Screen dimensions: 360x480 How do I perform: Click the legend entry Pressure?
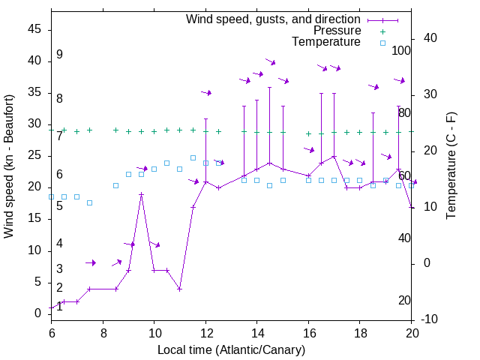tap(337, 31)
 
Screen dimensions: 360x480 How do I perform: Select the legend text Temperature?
tap(326, 42)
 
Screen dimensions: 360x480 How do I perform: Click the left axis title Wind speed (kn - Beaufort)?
tap(9, 166)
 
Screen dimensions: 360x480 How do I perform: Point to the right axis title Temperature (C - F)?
tap(451, 166)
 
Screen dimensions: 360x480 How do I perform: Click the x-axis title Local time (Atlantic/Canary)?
tap(232, 350)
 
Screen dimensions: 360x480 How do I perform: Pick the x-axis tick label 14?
tap(256, 332)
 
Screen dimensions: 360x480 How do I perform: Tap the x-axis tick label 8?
tap(103, 332)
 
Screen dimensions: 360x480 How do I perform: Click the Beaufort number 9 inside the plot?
tap(59, 55)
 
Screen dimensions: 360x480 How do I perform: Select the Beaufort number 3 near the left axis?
tap(59, 268)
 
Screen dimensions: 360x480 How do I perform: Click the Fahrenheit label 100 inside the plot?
tap(401, 50)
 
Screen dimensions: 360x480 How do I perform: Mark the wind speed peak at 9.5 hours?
tap(141, 193)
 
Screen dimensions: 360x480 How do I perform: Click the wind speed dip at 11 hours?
tap(179, 289)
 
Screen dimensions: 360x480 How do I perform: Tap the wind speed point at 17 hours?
tap(334, 157)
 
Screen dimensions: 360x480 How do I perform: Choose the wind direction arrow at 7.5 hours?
tap(90, 262)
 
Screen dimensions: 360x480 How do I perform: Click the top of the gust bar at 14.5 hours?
tap(269, 87)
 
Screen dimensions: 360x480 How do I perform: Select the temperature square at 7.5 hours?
tap(90, 202)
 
